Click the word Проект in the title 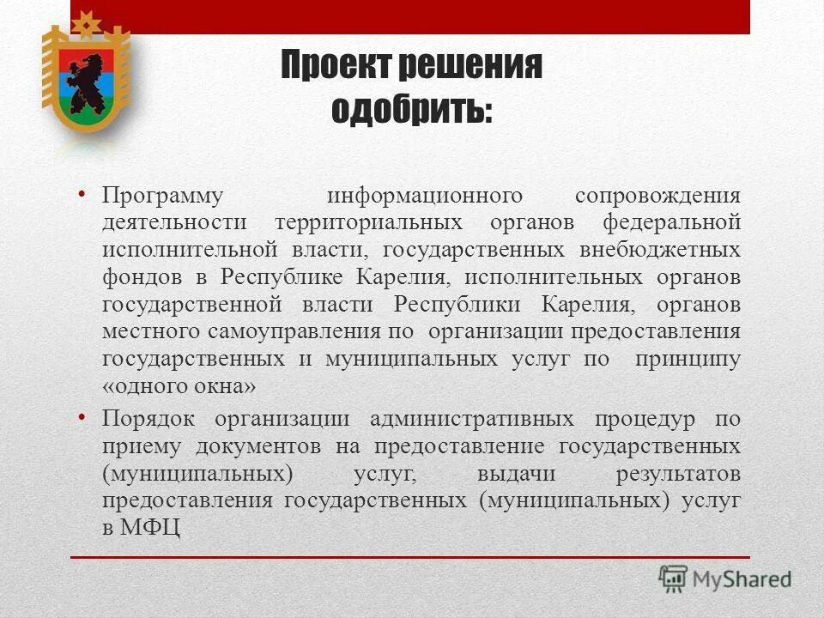click(x=328, y=66)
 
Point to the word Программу click(x=163, y=196)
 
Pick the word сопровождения click(x=657, y=196)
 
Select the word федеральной click(x=671, y=223)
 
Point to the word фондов click(x=137, y=277)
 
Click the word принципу click(x=688, y=360)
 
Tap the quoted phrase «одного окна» click(x=179, y=387)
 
